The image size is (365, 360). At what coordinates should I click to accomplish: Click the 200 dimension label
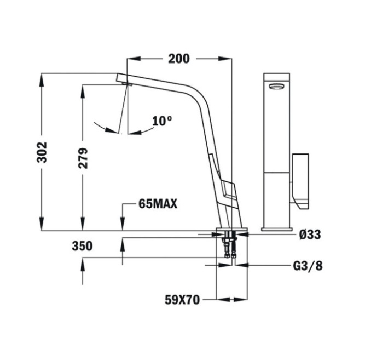pos(179,59)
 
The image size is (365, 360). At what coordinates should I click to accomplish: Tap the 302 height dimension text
pos(42,152)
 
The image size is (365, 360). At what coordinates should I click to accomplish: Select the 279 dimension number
pos(83,158)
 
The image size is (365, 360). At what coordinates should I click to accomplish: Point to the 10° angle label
pos(162,121)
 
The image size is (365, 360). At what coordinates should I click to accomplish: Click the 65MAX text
pos(158,204)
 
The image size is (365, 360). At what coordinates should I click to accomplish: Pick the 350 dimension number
pos(82,246)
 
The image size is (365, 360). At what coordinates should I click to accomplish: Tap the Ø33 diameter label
pos(310,235)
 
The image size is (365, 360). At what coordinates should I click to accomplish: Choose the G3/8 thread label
pos(308,266)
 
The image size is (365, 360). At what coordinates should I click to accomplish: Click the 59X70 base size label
pos(182,300)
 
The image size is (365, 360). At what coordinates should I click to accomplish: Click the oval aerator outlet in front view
pos(276,87)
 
